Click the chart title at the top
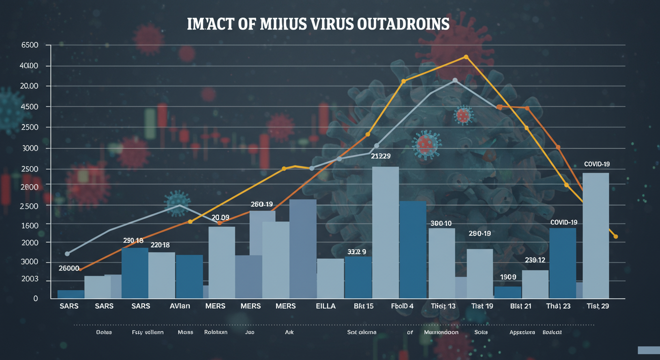[318, 24]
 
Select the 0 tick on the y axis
[35, 299]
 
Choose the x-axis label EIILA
[326, 306]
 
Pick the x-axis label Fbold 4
[402, 306]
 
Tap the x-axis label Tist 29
[598, 306]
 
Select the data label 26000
[69, 269]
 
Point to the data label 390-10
[441, 224]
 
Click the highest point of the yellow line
[466, 57]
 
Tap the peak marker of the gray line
[455, 81]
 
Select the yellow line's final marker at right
[615, 237]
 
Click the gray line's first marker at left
[67, 254]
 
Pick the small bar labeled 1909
[508, 292]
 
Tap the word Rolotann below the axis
[216, 332]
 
